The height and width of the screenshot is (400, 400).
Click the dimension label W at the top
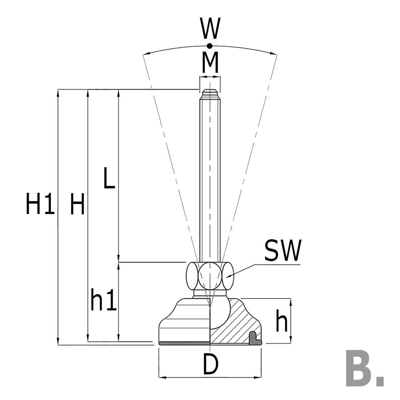point(210,29)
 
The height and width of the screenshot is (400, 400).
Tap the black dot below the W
point(210,46)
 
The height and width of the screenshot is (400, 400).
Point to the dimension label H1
point(40,204)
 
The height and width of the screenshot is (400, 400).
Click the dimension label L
point(109,178)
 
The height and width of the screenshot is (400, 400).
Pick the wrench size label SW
point(282,251)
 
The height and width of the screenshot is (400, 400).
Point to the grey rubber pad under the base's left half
point(184,343)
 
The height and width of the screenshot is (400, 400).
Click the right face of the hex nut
point(228,276)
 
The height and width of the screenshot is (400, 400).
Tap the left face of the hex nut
point(192,276)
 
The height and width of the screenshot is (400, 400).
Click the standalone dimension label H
point(77,204)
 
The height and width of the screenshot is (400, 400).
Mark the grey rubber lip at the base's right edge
point(255,339)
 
